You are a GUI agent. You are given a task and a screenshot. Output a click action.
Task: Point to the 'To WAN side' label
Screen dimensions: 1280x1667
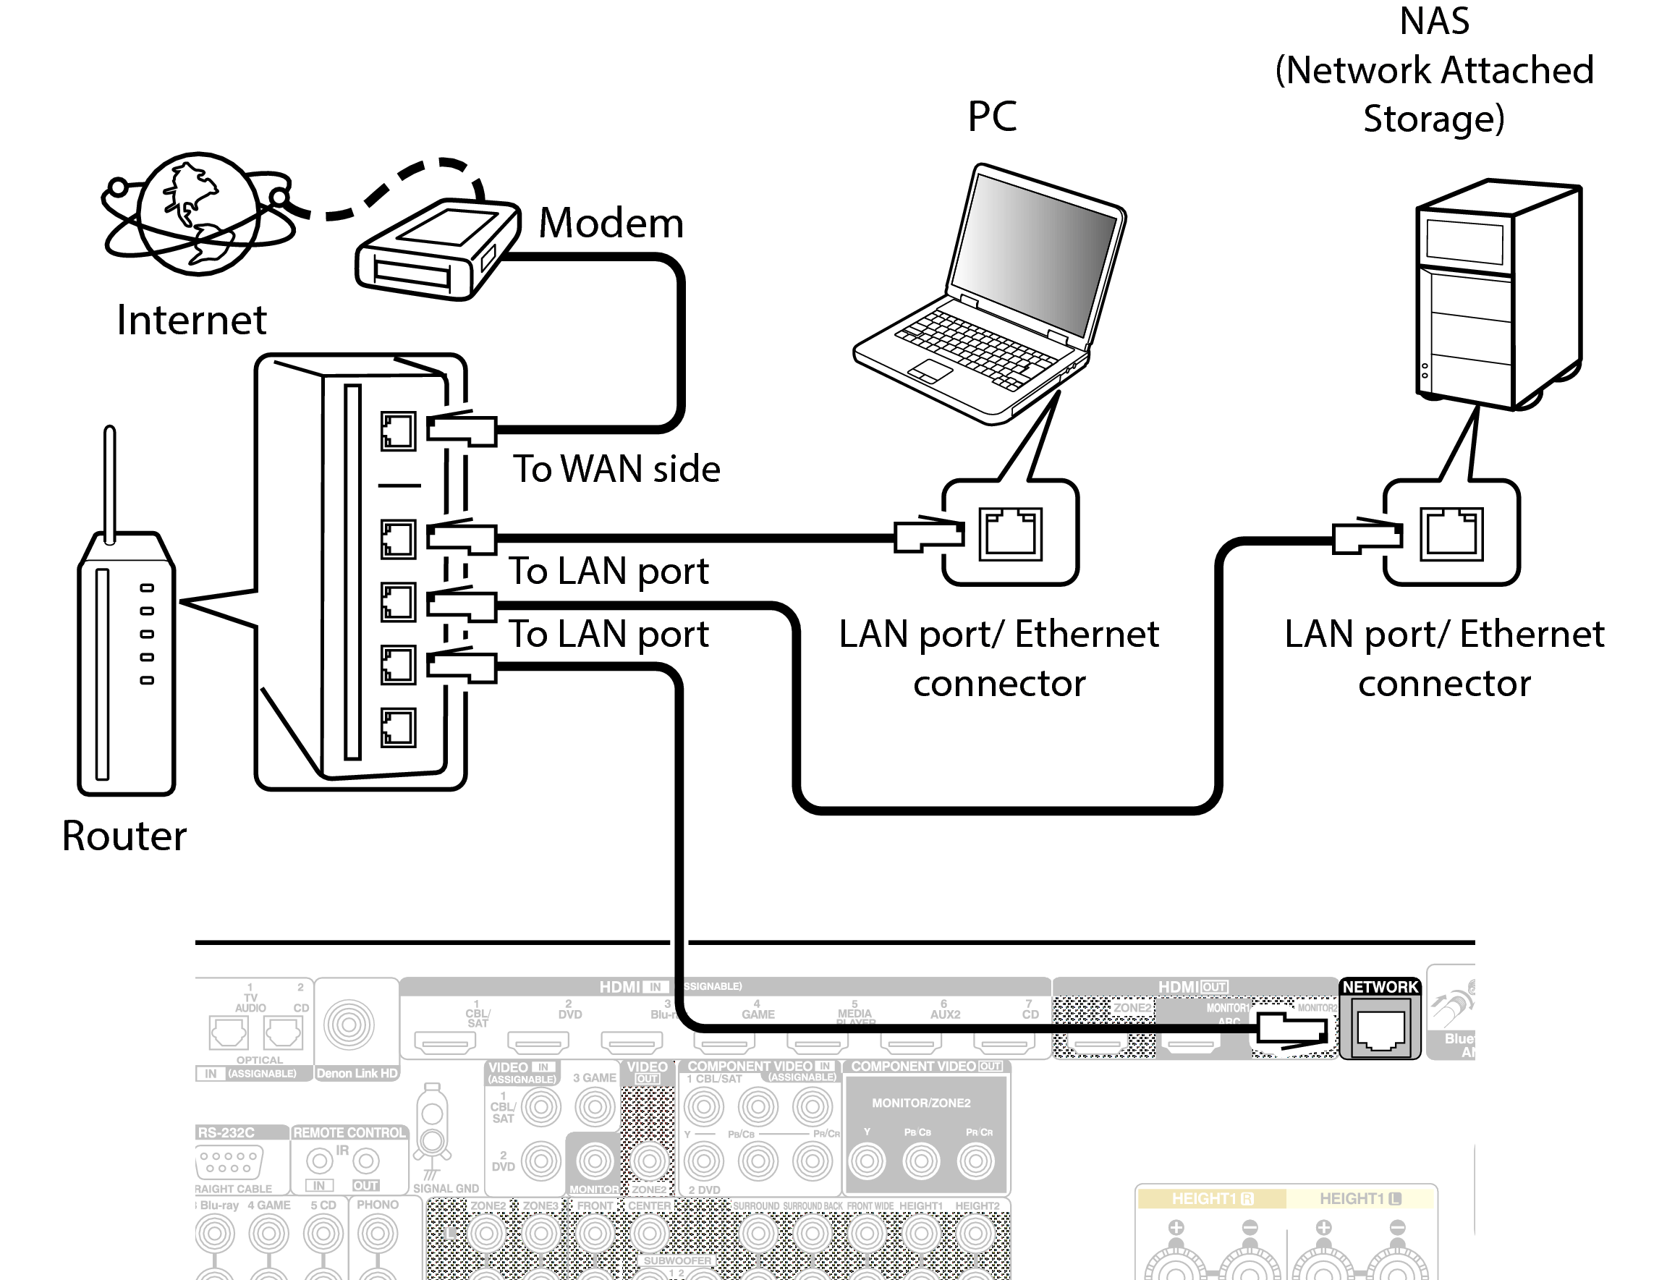coord(616,468)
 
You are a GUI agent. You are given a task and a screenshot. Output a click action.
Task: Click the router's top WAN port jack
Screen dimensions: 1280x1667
coord(398,431)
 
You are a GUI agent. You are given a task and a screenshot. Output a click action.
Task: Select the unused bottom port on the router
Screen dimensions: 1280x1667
coord(398,727)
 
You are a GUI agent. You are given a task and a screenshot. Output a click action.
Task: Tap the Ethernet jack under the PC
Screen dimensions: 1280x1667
coord(1009,533)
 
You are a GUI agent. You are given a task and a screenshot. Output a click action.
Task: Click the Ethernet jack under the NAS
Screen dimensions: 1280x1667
coord(1451,533)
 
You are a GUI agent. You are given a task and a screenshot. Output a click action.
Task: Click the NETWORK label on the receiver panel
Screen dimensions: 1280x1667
coord(1380,987)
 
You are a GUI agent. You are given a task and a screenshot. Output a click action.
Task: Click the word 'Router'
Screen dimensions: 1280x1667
coord(124,836)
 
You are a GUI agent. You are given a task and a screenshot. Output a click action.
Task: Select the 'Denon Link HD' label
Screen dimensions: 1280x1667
coord(357,1073)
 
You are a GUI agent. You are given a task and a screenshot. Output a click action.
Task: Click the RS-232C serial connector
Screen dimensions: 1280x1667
coord(229,1163)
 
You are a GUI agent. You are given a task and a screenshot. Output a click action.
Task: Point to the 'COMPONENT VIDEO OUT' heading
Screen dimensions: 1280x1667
coord(925,1066)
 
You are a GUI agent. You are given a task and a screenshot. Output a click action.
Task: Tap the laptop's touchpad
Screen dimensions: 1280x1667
coord(930,371)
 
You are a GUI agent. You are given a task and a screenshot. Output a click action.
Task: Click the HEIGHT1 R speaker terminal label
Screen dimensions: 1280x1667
coord(1211,1198)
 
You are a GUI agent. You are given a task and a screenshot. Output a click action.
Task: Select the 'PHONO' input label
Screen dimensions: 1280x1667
coord(377,1205)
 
